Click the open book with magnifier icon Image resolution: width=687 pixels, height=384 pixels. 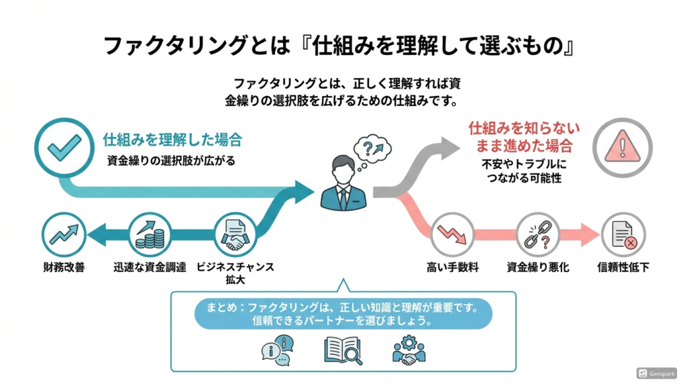(343, 350)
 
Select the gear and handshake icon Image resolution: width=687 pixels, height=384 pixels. (409, 350)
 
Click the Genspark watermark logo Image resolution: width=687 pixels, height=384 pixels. (656, 373)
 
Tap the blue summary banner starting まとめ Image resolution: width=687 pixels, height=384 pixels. (343, 314)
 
